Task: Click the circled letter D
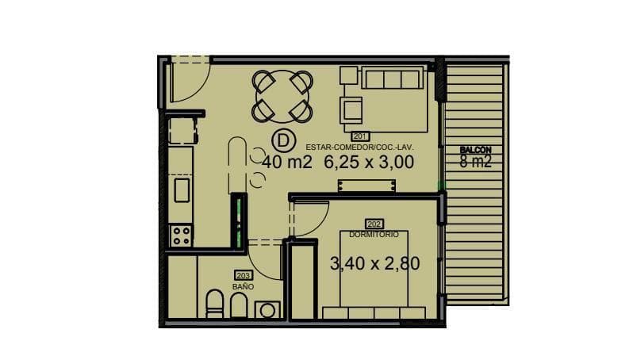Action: (283, 141)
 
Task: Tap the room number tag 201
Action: (359, 136)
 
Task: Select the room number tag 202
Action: (374, 224)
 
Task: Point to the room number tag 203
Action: (244, 276)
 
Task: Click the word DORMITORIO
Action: (374, 235)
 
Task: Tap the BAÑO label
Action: (243, 286)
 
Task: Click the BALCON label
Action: (476, 150)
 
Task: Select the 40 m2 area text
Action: (287, 163)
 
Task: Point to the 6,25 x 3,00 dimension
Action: (369, 163)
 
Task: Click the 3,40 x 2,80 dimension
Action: (374, 263)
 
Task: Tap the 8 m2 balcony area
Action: (476, 162)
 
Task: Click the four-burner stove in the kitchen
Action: (181, 236)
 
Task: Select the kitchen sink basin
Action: (182, 190)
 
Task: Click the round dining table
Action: (282, 97)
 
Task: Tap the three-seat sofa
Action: (392, 78)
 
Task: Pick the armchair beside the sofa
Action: (351, 109)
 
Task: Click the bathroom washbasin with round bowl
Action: (267, 311)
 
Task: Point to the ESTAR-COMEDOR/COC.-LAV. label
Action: (359, 147)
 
